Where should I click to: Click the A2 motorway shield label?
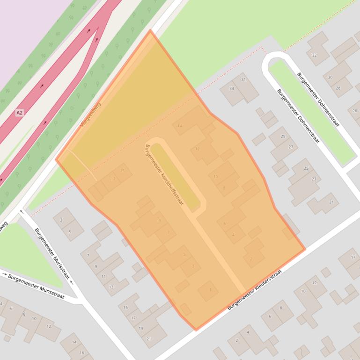(19, 113)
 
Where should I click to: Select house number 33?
(231, 88)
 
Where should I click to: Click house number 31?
(243, 79)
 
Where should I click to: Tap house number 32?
(314, 55)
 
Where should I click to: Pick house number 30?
(330, 78)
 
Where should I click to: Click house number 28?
(338, 88)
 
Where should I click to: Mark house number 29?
(283, 137)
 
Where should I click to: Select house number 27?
(291, 147)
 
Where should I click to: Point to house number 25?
(306, 168)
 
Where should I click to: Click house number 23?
(314, 179)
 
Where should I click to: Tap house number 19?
(141, 328)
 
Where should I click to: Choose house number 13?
(111, 287)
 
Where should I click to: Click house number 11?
(103, 277)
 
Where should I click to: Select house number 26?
(355, 111)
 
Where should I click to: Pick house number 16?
(82, 353)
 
